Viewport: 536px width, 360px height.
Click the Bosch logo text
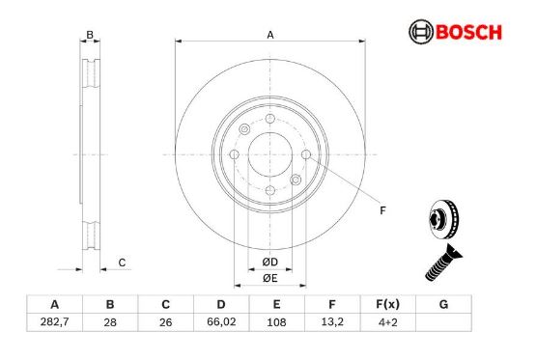coord(468,32)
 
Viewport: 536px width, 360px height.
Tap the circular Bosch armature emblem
coord(421,32)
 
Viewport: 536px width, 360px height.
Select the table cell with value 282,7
coord(55,322)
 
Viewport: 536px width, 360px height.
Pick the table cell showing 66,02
coord(221,322)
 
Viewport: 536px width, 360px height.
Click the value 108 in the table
coord(276,322)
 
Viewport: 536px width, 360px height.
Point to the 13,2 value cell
coord(332,322)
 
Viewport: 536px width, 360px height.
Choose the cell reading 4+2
coord(387,322)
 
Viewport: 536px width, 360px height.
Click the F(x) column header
coord(387,304)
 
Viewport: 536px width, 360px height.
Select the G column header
coord(443,304)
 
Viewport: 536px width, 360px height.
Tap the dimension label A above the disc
coord(270,35)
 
